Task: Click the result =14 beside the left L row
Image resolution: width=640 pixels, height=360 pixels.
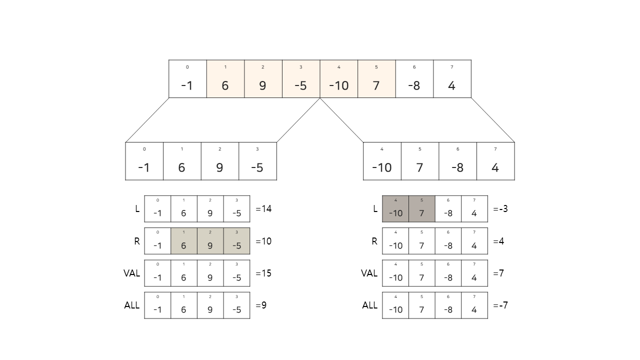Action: [263, 209]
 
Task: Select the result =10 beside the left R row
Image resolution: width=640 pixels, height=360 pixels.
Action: [263, 241]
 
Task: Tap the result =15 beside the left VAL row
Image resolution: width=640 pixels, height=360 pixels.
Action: [263, 273]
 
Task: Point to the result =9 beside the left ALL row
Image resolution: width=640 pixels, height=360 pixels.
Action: [261, 305]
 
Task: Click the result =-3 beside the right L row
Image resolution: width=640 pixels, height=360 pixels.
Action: [500, 209]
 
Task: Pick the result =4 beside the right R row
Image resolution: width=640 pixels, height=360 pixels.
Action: [498, 241]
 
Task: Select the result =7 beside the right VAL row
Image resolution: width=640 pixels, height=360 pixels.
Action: [498, 273]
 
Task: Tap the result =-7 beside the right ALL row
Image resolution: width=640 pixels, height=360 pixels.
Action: [500, 305]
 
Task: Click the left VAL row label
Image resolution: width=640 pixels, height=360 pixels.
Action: [131, 273]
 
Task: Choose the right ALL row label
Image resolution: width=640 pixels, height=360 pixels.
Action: [369, 305]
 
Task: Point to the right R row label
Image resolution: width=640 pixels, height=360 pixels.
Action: [374, 241]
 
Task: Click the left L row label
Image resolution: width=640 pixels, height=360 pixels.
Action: [137, 209]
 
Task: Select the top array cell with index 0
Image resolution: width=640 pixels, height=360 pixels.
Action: [187, 79]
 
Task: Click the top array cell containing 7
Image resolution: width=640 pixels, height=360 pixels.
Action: [376, 79]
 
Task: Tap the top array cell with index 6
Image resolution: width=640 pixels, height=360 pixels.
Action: [414, 79]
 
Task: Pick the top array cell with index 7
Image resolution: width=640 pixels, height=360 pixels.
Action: [452, 79]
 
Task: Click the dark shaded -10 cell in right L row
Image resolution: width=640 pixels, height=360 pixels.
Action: [395, 209]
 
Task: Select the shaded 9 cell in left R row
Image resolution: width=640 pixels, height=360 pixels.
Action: [210, 241]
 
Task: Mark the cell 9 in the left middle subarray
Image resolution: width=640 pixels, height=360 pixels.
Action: [219, 161]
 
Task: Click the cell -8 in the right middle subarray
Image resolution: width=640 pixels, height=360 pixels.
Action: [457, 161]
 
